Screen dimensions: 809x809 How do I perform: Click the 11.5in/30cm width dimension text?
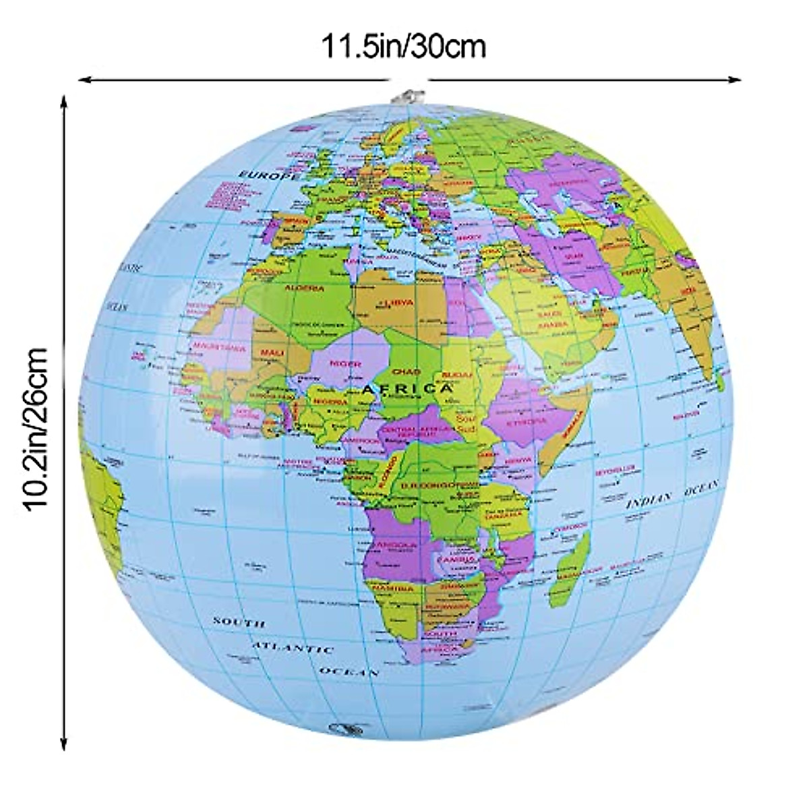coord(403,48)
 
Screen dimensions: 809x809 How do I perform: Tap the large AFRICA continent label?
coord(407,389)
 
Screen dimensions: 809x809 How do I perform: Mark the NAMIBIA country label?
coord(394,588)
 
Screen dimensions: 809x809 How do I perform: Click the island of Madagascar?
coord(568,566)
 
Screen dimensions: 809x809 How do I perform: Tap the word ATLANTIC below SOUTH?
coord(293,648)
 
